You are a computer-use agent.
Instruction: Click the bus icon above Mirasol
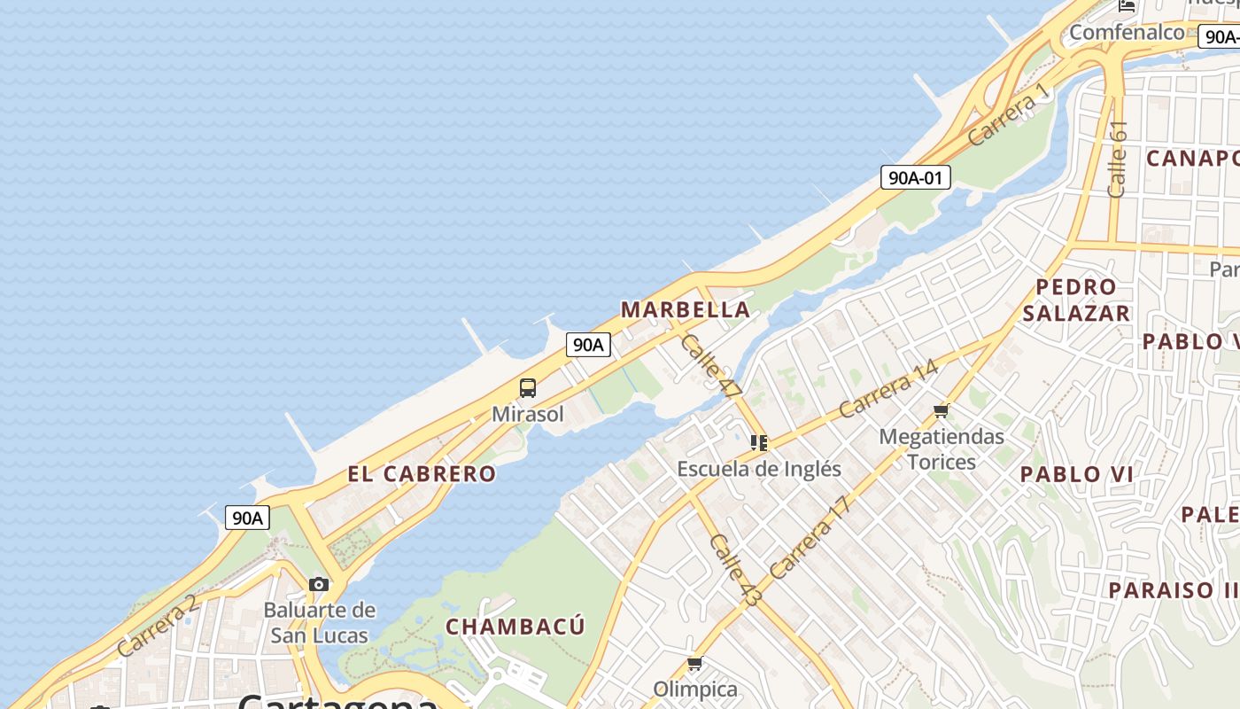pyautogui.click(x=528, y=387)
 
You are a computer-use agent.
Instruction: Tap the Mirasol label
pyautogui.click(x=528, y=414)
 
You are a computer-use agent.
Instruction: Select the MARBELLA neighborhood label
pyautogui.click(x=686, y=310)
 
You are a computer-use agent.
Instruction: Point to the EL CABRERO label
pyautogui.click(x=422, y=473)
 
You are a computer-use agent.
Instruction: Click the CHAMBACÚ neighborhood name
pyautogui.click(x=515, y=627)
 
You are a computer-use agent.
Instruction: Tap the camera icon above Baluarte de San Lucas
pyautogui.click(x=319, y=584)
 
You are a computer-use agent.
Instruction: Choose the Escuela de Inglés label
pyautogui.click(x=759, y=468)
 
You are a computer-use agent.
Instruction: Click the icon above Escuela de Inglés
pyautogui.click(x=759, y=442)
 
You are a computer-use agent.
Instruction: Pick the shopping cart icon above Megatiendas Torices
pyautogui.click(x=942, y=410)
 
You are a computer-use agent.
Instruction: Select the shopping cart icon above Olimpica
pyautogui.click(x=695, y=663)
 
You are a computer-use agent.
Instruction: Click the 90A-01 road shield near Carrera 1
pyautogui.click(x=916, y=177)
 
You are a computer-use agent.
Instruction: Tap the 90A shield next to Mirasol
pyautogui.click(x=588, y=345)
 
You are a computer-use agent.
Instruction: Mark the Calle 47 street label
pyautogui.click(x=712, y=365)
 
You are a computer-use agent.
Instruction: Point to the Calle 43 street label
pyautogui.click(x=735, y=570)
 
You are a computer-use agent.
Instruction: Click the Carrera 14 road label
pyautogui.click(x=887, y=388)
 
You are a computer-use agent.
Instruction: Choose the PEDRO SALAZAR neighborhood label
pyautogui.click(x=1076, y=300)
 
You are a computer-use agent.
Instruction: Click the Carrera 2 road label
pyautogui.click(x=157, y=626)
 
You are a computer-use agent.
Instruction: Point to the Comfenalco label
pyautogui.click(x=1127, y=33)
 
